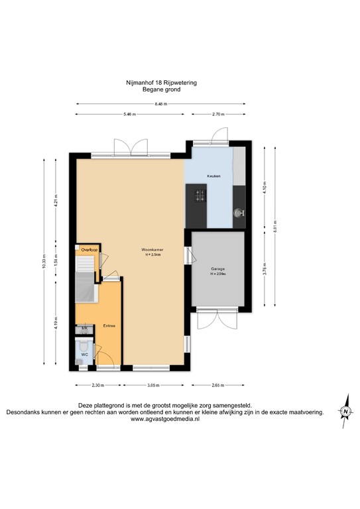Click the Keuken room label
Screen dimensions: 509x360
[x=213, y=176]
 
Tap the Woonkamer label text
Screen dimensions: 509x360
[x=152, y=249]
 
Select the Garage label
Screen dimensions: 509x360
[x=217, y=269]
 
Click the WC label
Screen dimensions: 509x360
[x=84, y=355]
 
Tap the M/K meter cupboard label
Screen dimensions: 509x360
[x=84, y=328]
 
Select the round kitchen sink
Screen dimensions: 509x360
[x=239, y=213]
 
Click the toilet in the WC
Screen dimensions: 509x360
[x=84, y=345]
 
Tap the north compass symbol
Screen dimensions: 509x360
[x=345, y=412]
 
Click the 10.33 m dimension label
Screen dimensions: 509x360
[x=45, y=261]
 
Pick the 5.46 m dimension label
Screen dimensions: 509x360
[x=129, y=115]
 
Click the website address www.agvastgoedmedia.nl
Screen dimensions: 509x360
[x=160, y=419]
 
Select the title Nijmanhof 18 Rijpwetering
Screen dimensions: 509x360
[x=161, y=82]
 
